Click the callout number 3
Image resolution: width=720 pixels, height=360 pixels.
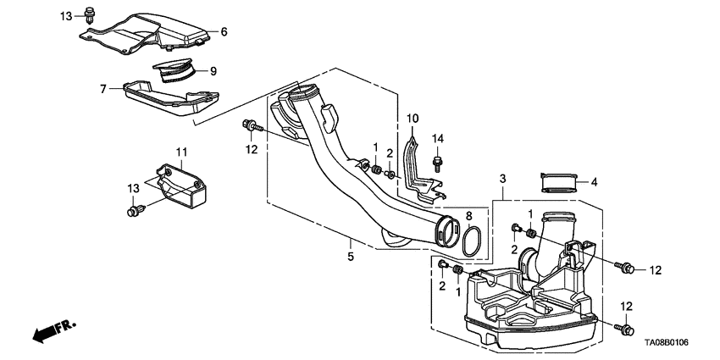point(502,179)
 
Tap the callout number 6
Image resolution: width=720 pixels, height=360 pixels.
point(224,31)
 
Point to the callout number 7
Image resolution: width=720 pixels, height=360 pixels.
point(102,88)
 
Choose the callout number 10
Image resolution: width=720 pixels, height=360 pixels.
point(413,118)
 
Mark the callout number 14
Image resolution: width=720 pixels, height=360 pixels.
point(438,137)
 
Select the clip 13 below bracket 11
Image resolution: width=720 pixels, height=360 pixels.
point(134,210)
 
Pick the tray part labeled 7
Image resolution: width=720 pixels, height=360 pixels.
point(169,97)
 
